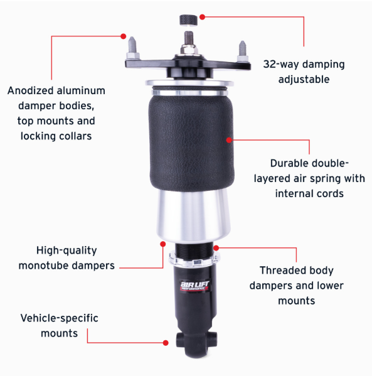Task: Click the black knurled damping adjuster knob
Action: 188,20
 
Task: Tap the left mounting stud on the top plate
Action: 132,48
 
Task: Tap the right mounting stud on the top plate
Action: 242,51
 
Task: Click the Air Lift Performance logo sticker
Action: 194,286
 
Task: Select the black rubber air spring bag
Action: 191,142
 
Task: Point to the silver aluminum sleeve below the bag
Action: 193,215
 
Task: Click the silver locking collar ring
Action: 193,259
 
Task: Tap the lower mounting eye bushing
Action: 196,340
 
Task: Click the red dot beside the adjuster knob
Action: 202,17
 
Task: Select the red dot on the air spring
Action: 229,140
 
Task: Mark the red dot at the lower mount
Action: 166,343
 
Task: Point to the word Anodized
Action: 31,90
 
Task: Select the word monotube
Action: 44,266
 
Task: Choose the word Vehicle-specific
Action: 59,318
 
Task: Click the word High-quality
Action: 66,250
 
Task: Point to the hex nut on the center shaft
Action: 189,49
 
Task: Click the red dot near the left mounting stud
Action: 123,36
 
